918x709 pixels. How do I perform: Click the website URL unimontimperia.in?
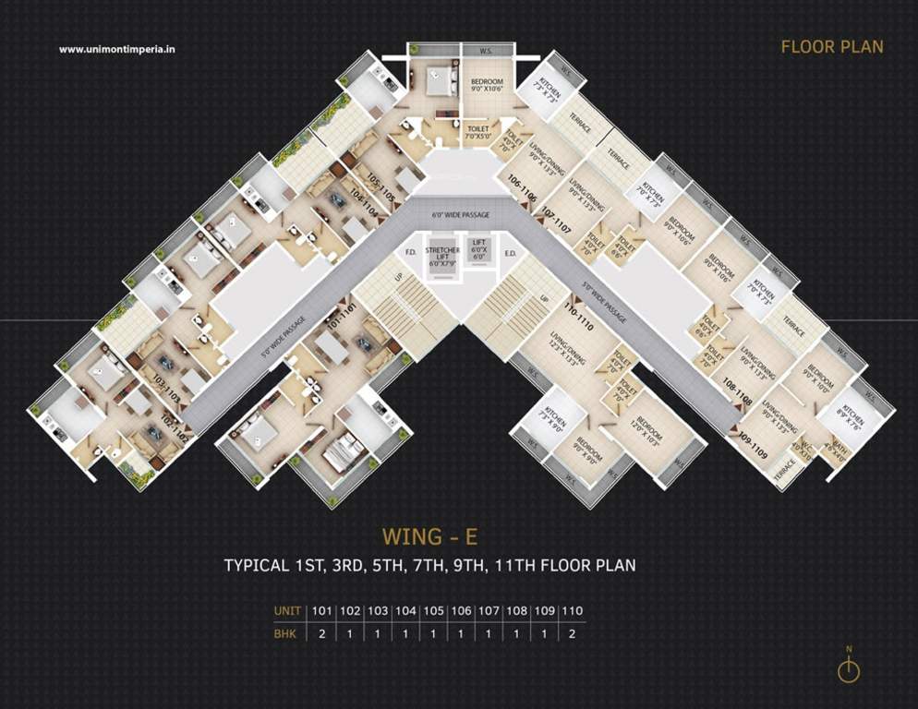117,50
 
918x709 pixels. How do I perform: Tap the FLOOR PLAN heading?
832,47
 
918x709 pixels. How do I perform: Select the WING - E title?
429,536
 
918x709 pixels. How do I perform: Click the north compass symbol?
848,667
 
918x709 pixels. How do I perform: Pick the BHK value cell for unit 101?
321,634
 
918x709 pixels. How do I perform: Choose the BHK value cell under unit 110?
572,634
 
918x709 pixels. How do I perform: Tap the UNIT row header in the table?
288,611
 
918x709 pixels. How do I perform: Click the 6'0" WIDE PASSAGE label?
461,215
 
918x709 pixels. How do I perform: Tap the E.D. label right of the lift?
509,251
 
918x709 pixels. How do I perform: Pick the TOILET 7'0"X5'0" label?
478,134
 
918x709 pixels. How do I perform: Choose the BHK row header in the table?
287,634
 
